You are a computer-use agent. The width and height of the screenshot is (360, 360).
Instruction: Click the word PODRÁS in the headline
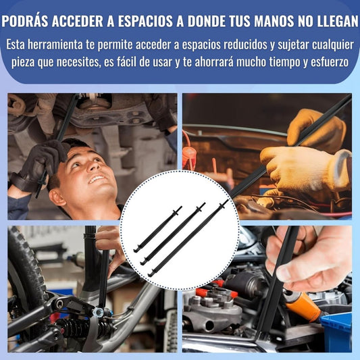tap(25, 21)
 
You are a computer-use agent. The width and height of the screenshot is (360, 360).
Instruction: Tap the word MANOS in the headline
tap(274, 21)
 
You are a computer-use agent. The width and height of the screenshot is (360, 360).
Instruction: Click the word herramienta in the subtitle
tap(55, 45)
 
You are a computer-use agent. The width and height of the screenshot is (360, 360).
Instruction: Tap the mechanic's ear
tap(57, 197)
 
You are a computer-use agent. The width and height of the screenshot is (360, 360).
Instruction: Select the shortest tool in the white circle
tap(158, 229)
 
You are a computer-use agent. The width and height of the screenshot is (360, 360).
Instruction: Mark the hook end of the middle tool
tap(143, 263)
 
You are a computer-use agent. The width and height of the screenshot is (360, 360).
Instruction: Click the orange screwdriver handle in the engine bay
tap(303, 303)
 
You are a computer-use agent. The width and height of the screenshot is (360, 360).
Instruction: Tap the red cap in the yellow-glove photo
tap(189, 152)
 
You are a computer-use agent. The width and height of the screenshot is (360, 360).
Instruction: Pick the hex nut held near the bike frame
tap(99, 313)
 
